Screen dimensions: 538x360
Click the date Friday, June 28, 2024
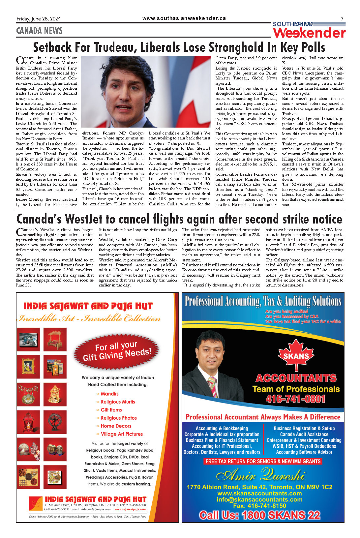pyautogui.click(x=38, y=19)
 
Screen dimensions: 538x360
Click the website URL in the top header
pyautogui.click(x=184, y=18)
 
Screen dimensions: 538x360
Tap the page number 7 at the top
pyautogui.click(x=342, y=19)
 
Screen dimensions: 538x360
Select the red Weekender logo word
pyautogui.click(x=309, y=33)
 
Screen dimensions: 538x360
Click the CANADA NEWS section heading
pyautogui.click(x=39, y=31)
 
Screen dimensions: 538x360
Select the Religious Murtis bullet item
pyautogui.click(x=118, y=402)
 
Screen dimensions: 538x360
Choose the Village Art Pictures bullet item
pyautogui.click(x=122, y=434)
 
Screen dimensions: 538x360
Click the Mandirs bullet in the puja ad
pyautogui.click(x=109, y=394)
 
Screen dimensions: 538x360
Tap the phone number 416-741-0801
pyautogui.click(x=295, y=399)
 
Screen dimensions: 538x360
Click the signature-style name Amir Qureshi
pyautogui.click(x=260, y=476)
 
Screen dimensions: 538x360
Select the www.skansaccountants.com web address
pyautogui.click(x=259, y=493)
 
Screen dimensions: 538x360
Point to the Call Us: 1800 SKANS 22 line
pyautogui.click(x=259, y=515)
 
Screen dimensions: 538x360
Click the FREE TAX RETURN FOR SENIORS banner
pyautogui.click(x=263, y=462)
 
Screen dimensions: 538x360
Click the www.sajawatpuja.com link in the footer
pyautogui.click(x=130, y=509)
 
